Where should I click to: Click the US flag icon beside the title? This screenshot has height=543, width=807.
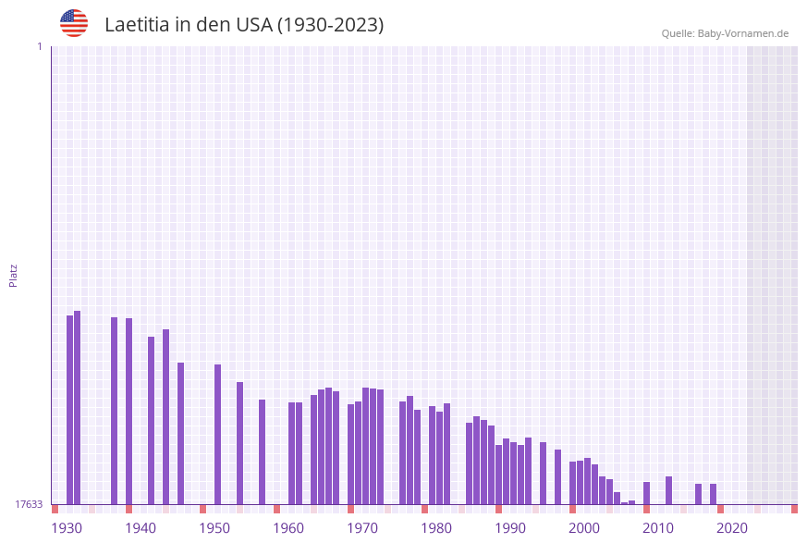(x=74, y=23)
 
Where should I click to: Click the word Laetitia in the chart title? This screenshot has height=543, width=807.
(x=139, y=25)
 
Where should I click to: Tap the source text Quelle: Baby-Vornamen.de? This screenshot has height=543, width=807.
(x=725, y=33)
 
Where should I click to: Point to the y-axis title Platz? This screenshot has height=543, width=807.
(x=14, y=275)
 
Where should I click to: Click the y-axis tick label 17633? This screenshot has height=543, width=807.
(x=29, y=504)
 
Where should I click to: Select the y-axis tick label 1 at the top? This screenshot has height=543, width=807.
(x=39, y=46)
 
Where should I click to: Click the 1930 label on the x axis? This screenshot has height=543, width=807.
(x=67, y=528)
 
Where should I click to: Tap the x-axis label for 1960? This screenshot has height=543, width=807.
(x=288, y=528)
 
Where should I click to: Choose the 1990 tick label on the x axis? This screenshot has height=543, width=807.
(x=510, y=528)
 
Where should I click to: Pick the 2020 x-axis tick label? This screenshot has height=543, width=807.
(x=732, y=528)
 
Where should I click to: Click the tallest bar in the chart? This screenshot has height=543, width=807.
(x=78, y=407)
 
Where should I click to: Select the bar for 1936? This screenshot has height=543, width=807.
(x=115, y=411)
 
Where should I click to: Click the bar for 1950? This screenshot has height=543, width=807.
(x=218, y=434)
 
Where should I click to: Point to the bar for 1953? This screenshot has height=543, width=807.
(x=240, y=443)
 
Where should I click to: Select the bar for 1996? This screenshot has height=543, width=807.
(x=558, y=476)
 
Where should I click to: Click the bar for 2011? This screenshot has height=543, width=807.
(x=669, y=490)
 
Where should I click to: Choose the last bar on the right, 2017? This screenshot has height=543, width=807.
(x=714, y=494)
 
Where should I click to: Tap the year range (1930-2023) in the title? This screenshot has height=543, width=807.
(x=330, y=25)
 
